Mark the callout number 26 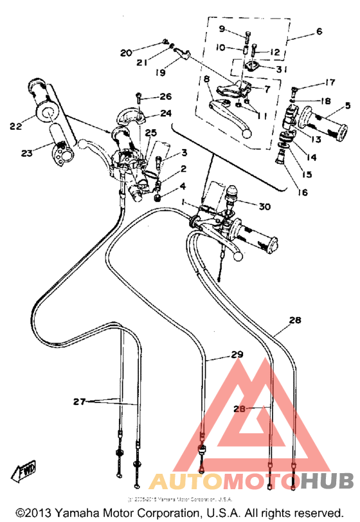165,97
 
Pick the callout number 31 282,70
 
